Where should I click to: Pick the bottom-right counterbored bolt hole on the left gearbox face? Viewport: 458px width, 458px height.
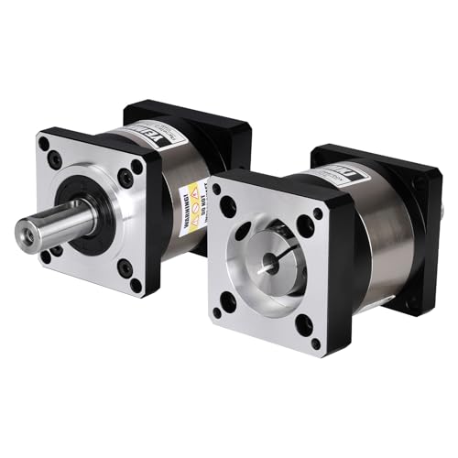125,269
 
